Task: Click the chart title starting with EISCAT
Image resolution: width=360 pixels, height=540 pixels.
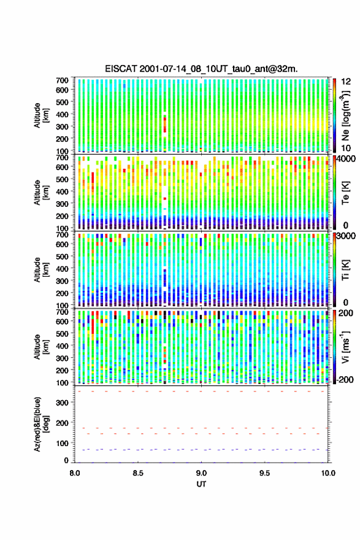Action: tap(201, 69)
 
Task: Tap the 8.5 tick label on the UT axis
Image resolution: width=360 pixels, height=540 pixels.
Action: tap(138, 473)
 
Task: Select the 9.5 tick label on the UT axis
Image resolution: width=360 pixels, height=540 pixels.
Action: tap(265, 473)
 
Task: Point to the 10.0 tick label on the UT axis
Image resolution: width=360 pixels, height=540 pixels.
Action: tap(328, 473)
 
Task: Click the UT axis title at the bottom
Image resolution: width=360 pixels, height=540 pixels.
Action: tap(201, 484)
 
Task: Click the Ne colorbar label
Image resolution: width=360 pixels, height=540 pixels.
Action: tap(345, 115)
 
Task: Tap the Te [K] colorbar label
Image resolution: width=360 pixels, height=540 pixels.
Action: tap(345, 193)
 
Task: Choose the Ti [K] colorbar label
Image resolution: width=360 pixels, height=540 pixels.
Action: tap(345, 270)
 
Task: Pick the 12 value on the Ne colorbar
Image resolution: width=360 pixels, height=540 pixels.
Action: tap(346, 82)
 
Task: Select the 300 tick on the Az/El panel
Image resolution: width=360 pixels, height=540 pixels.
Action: tap(62, 403)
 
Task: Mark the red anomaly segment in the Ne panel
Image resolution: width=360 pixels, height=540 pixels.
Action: tap(165, 125)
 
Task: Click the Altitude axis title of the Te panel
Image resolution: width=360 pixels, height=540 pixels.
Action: tap(41, 193)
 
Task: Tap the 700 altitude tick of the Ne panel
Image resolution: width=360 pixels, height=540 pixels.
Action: tap(62, 80)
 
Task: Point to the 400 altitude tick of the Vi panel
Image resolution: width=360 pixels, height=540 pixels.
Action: tap(62, 346)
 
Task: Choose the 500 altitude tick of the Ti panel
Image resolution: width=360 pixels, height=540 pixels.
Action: tap(62, 256)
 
